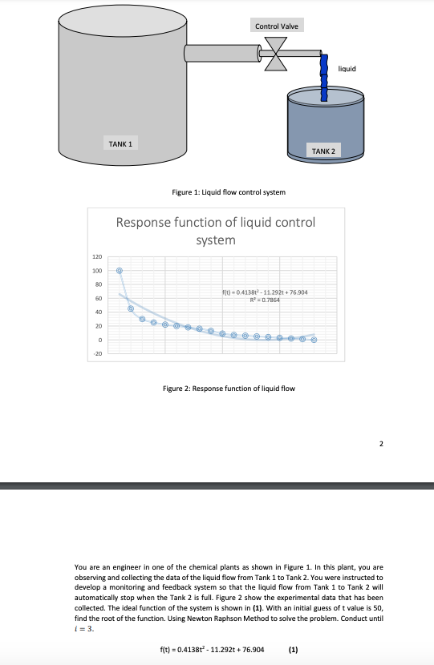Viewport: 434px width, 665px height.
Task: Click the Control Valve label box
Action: click(278, 27)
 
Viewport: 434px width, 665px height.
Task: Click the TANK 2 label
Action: click(326, 151)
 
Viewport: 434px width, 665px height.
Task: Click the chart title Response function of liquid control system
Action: click(216, 230)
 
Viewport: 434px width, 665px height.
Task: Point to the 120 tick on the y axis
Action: click(97, 257)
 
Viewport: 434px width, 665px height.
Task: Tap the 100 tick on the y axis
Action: click(97, 271)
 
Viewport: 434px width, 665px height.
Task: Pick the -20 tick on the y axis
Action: click(97, 353)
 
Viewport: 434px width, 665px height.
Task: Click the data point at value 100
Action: click(120, 271)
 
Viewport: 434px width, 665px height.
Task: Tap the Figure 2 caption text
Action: click(229, 389)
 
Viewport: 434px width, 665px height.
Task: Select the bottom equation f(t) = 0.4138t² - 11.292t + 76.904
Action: click(212, 648)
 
